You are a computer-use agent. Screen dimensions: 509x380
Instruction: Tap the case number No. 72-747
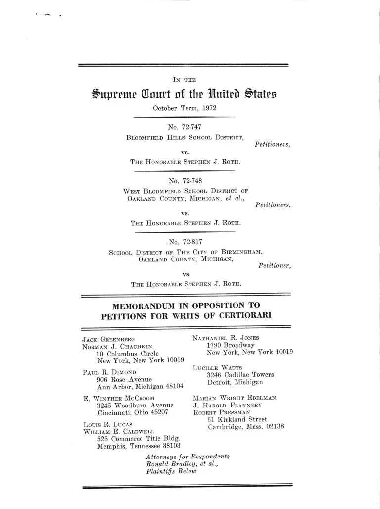185,127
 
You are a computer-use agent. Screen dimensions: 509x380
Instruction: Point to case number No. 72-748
185,181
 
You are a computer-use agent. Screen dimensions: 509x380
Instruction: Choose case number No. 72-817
185,242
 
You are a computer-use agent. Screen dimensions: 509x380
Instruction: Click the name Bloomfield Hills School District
185,137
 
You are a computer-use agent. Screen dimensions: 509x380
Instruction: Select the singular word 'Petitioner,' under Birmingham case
275,266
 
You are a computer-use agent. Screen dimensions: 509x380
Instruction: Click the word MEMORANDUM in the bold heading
145,306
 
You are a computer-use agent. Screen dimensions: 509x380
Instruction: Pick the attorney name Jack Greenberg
108,340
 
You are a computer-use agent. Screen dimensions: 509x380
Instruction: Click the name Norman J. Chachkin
117,347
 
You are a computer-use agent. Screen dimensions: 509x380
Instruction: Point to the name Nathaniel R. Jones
226,338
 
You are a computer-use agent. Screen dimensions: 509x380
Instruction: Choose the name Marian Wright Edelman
235,398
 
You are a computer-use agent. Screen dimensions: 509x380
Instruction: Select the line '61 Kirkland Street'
237,419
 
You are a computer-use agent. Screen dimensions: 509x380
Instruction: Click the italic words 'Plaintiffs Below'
171,471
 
